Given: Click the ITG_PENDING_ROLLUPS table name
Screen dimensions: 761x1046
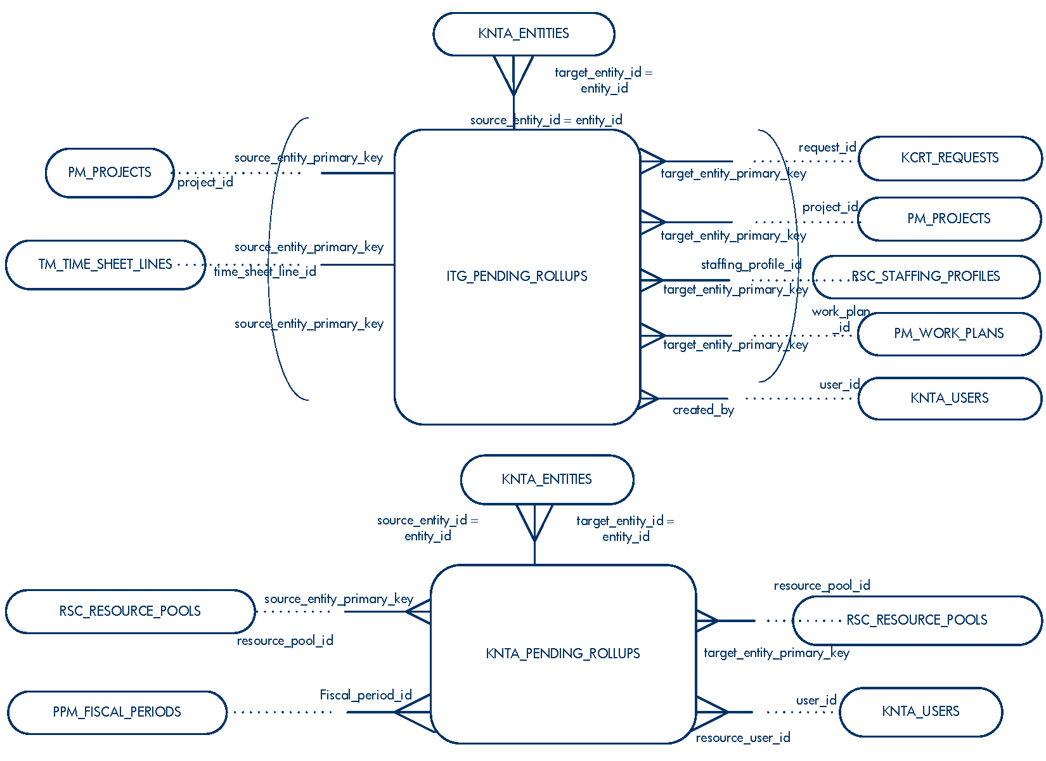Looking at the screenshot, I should pos(517,276).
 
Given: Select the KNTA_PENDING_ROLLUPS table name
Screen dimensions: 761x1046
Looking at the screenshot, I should pos(563,654).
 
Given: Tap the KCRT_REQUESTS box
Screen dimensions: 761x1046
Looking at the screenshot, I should pos(950,158).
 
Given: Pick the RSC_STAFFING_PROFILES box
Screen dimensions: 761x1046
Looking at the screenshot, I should pos(926,276).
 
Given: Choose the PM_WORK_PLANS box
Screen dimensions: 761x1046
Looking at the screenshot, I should pos(949,334).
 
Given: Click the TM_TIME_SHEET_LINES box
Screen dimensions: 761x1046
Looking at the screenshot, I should pos(105,264).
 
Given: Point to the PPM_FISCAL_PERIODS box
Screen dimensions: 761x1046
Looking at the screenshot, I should pos(117,712).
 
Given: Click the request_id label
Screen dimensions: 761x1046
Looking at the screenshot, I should pos(827,148).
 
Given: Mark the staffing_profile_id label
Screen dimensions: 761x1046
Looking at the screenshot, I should pos(751,264).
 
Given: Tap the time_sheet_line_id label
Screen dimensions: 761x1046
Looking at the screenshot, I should pos(265,272).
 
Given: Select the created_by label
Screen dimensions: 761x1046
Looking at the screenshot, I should pos(703,410).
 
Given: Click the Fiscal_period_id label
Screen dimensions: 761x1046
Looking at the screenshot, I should pos(366,696).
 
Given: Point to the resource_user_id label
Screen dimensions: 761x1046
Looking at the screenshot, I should pos(743,738).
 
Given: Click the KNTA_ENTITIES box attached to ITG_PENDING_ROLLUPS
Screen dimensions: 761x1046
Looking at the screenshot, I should pos(524,34).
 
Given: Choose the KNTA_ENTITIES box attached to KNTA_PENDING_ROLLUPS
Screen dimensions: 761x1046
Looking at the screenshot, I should pos(546,479).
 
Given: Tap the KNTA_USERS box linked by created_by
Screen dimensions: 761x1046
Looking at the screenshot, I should pos(950,398).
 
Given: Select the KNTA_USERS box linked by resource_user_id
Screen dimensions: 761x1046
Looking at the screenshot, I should pos(920,712).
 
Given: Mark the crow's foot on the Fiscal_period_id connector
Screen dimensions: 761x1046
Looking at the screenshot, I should pos(413,712).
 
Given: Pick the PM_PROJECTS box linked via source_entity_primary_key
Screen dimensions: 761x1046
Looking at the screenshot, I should pos(110,172).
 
